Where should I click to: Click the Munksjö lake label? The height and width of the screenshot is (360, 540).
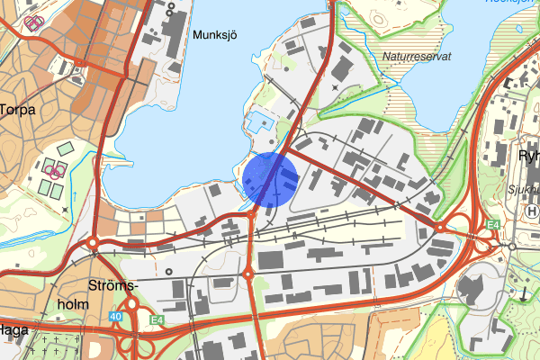point(213,35)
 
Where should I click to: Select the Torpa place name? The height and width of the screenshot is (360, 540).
point(17,110)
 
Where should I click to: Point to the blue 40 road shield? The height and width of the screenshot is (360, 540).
point(116,316)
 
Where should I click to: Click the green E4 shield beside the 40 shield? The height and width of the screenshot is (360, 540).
point(157,319)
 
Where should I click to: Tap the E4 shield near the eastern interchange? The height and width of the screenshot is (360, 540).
point(492,224)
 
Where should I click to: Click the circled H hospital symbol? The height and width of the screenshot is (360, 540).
point(531,210)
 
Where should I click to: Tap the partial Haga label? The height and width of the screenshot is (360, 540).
point(13,330)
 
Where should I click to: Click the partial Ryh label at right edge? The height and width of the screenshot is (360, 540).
point(528,155)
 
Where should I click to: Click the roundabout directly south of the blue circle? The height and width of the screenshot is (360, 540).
point(249,273)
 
